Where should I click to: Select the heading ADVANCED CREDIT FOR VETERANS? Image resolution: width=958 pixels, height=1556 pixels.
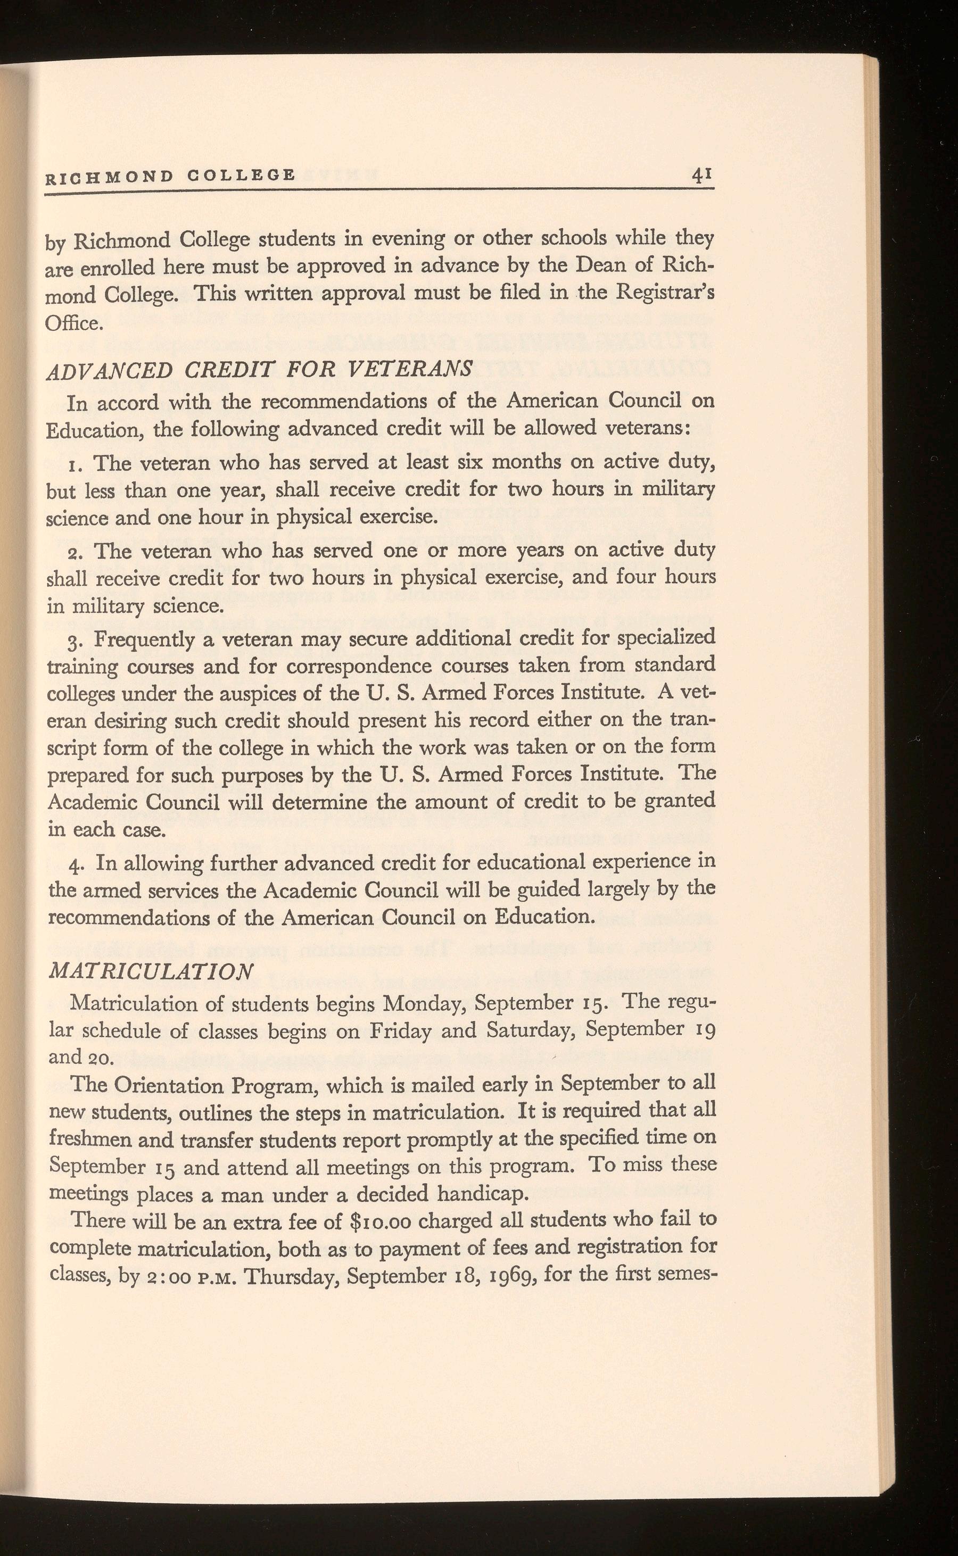(259, 369)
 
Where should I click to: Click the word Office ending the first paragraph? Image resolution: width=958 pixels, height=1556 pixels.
(72, 323)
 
